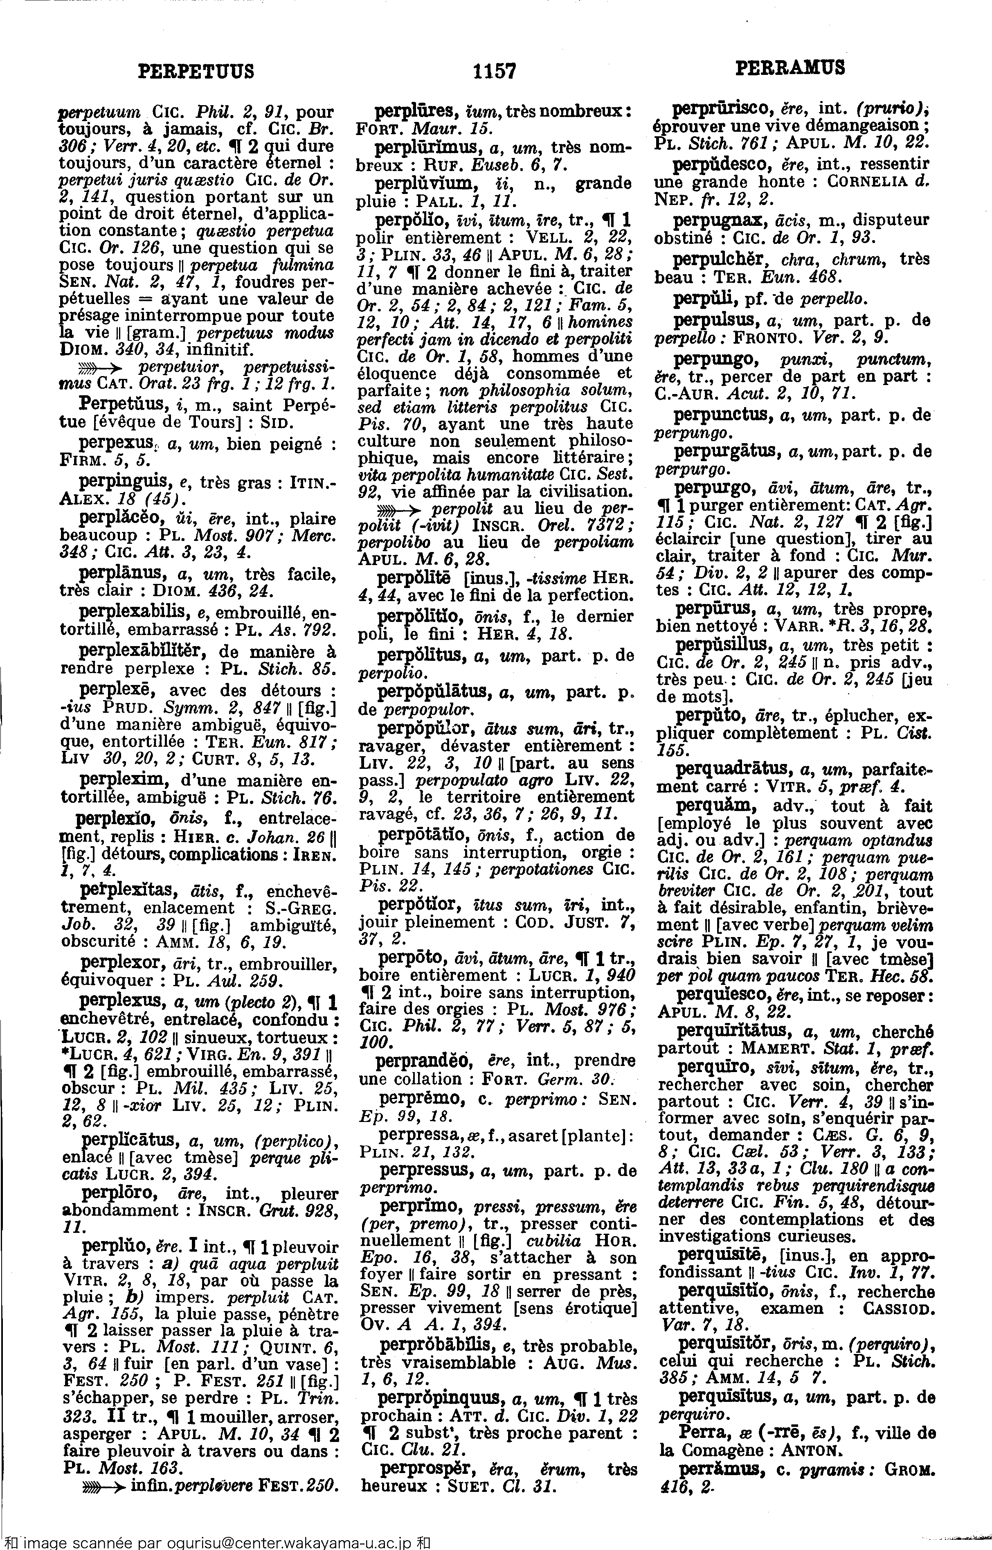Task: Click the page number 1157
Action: coord(494,70)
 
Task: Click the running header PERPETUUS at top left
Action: coord(196,70)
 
